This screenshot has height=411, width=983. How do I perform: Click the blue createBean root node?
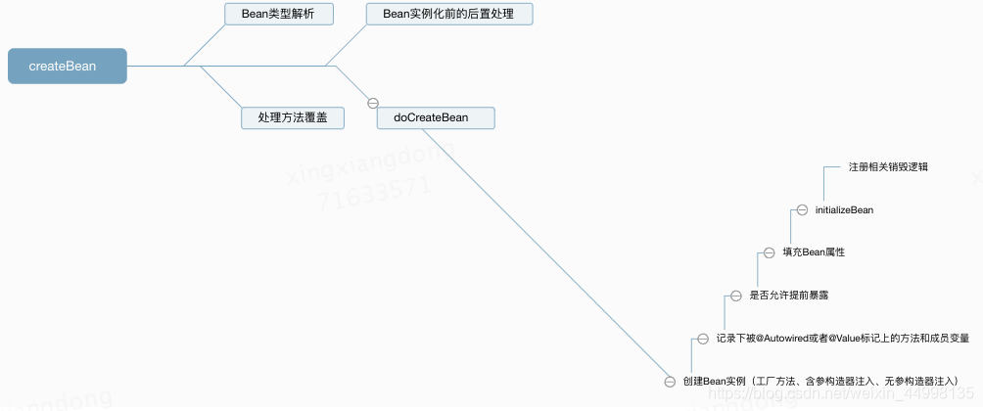click(67, 67)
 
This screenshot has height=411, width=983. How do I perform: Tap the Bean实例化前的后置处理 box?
click(449, 14)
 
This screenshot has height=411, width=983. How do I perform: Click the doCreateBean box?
click(437, 117)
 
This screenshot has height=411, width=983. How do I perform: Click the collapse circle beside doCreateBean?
click(372, 102)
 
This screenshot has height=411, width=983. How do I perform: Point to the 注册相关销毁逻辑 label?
click(888, 166)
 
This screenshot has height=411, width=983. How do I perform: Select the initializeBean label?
click(843, 209)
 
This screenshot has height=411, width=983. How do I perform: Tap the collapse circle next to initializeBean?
click(802, 209)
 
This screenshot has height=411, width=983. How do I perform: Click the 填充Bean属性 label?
click(813, 252)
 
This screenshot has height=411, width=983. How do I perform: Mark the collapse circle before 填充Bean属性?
click(770, 252)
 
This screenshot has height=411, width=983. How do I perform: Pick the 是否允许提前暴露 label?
click(781, 295)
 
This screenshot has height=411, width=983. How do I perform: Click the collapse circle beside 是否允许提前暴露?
click(736, 295)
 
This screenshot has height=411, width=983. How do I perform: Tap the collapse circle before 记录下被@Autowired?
click(702, 338)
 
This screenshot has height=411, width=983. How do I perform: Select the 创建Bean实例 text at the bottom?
click(715, 381)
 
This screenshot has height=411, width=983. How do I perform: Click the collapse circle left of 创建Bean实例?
click(670, 381)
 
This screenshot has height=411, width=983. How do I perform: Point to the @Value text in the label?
click(852, 338)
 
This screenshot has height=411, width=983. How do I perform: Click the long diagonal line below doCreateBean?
click(548, 254)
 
